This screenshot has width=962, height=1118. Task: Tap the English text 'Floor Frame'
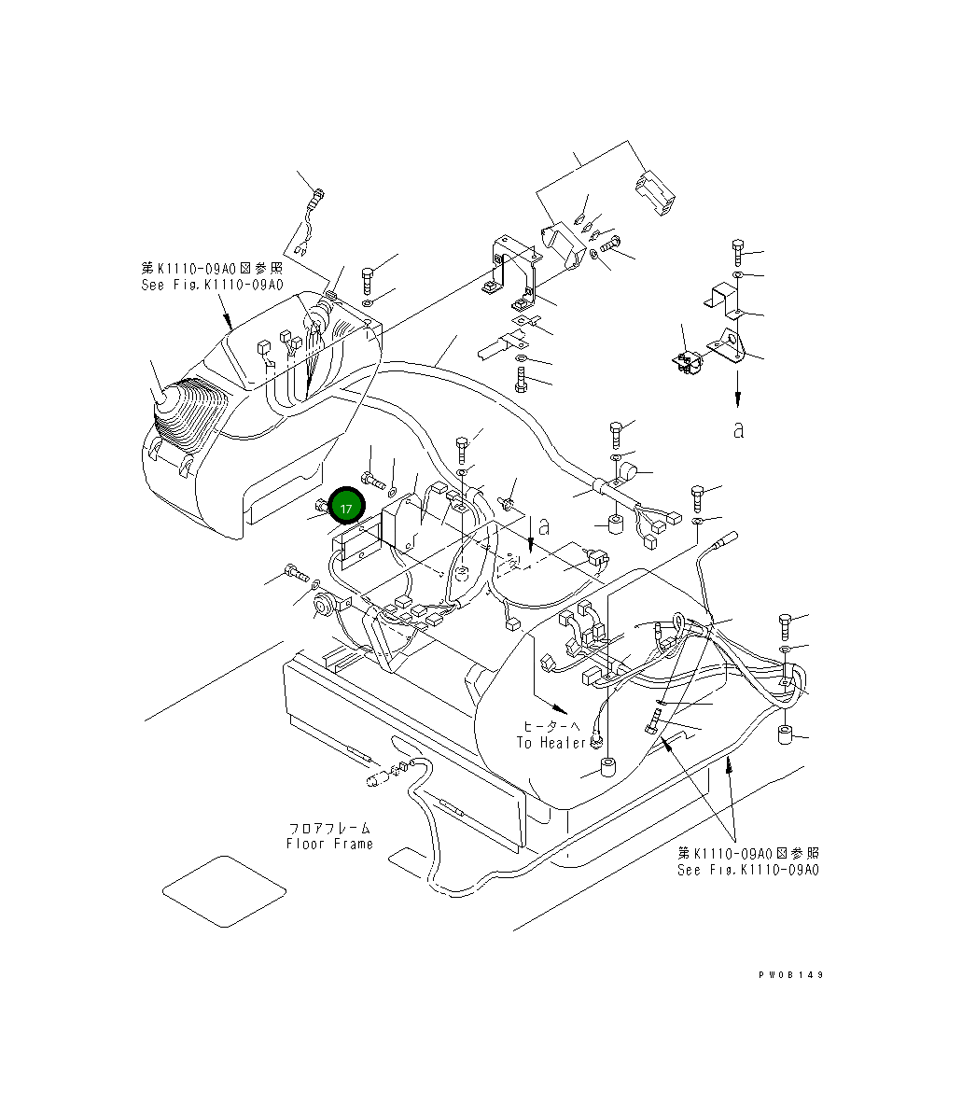point(329,844)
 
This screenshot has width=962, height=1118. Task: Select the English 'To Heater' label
point(552,742)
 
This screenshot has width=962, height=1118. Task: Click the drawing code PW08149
point(790,974)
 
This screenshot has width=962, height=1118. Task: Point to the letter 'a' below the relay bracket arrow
point(738,429)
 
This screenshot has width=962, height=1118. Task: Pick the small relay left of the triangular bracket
point(690,363)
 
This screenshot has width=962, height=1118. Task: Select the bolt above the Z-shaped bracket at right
point(738,250)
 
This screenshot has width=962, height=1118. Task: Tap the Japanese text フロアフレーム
point(329,828)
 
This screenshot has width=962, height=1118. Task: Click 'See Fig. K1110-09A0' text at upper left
point(212,285)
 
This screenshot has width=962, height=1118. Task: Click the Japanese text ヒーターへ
point(551,725)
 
